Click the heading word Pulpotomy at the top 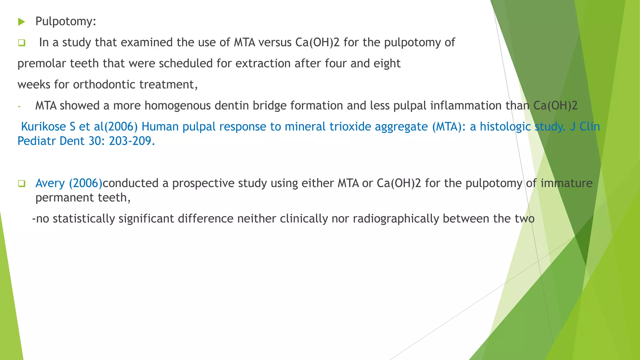65,22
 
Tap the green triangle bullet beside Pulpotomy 21,22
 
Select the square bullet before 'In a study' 21,43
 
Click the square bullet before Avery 21,183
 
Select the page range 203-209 132,141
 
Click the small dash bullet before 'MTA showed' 19,107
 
